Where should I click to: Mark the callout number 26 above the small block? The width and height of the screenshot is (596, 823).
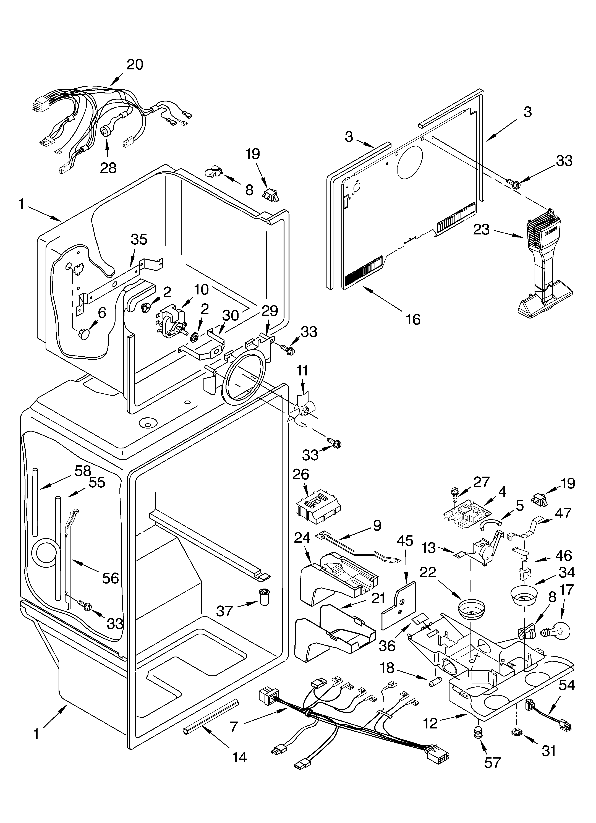(301, 474)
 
